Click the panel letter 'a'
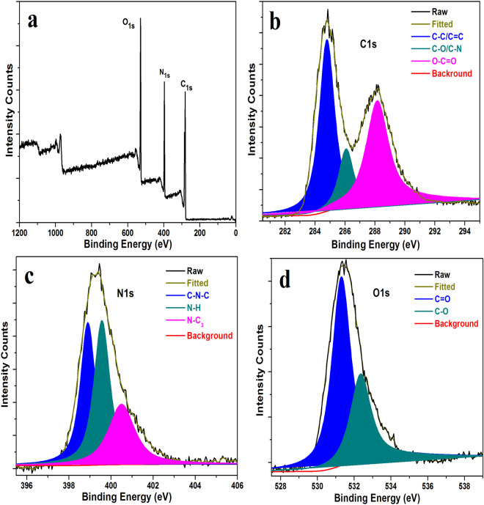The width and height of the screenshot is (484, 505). pyautogui.click(x=33, y=21)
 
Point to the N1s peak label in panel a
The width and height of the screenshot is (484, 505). pyautogui.click(x=164, y=74)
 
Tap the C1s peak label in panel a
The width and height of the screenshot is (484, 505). pyautogui.click(x=187, y=86)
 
